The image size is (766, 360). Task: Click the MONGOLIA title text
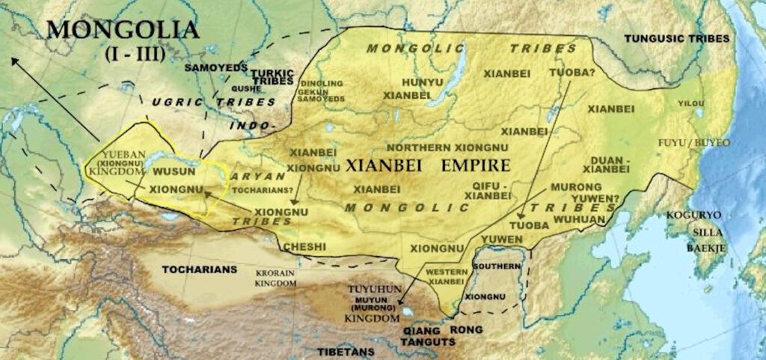click(x=123, y=31)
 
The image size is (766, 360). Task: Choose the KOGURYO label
click(x=694, y=216)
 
